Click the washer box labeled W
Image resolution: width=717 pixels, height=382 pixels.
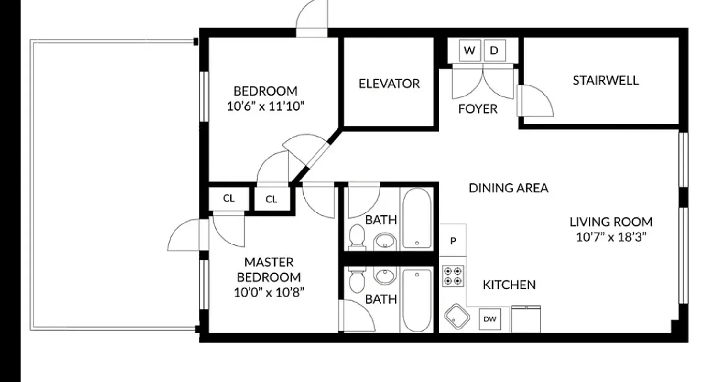(x=469, y=51)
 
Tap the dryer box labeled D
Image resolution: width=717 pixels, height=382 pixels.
(x=494, y=51)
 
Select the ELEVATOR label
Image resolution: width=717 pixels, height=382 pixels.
(x=389, y=84)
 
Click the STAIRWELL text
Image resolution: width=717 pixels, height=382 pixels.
(x=605, y=80)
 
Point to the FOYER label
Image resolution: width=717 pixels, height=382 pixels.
(x=478, y=109)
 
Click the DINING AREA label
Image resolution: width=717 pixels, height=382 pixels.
(x=508, y=188)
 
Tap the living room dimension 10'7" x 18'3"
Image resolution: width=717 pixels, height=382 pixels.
(x=611, y=237)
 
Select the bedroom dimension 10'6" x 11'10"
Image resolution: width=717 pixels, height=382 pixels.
(x=265, y=106)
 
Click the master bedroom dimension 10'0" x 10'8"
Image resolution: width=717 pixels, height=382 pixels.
(x=269, y=292)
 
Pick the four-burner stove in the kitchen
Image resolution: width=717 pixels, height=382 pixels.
(x=452, y=276)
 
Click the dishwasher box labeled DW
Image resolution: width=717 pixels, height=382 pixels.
(x=490, y=319)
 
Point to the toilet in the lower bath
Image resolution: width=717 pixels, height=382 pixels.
(x=357, y=280)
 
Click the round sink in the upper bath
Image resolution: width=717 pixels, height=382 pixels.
(x=385, y=242)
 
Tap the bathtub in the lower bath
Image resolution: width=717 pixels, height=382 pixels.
(x=417, y=300)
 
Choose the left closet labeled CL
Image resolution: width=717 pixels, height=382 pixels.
(x=229, y=198)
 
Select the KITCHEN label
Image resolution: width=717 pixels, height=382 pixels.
(x=509, y=285)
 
